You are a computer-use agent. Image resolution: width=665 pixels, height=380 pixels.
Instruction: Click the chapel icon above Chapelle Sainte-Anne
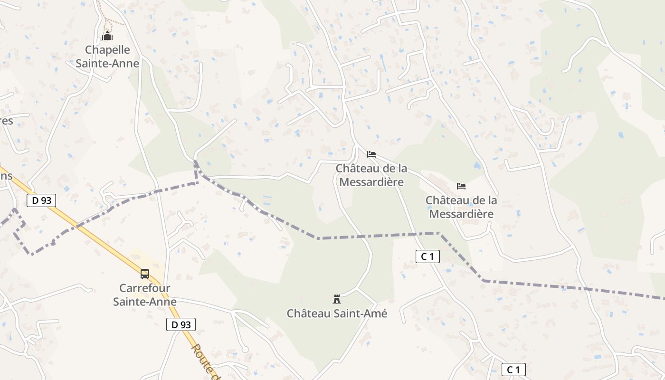pyautogui.click(x=107, y=36)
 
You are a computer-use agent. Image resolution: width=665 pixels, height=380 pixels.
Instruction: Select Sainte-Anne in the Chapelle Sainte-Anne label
pyautogui.click(x=107, y=63)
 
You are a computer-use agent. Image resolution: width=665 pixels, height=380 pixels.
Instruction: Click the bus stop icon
pyautogui.click(x=145, y=274)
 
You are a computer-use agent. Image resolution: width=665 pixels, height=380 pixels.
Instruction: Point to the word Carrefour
pyautogui.click(x=145, y=288)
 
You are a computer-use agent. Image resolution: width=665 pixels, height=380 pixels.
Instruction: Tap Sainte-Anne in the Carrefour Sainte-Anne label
pyautogui.click(x=145, y=302)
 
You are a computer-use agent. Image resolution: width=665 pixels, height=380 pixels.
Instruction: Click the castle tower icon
pyautogui.click(x=337, y=299)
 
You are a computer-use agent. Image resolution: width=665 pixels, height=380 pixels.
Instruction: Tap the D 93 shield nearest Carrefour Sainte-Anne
pyautogui.click(x=181, y=324)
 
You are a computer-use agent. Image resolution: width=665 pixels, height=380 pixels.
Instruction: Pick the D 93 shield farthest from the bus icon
pyautogui.click(x=41, y=200)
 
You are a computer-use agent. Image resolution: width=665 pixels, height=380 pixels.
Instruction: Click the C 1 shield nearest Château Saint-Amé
pyautogui.click(x=427, y=256)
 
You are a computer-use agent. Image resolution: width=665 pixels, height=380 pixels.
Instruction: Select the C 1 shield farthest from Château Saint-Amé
pyautogui.click(x=513, y=370)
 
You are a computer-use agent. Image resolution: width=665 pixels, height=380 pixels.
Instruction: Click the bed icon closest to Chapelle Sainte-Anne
pyautogui.click(x=371, y=154)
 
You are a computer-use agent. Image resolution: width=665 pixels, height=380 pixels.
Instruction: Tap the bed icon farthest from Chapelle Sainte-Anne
pyautogui.click(x=461, y=186)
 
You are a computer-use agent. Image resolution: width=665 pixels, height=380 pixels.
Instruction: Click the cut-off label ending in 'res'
pyautogui.click(x=6, y=121)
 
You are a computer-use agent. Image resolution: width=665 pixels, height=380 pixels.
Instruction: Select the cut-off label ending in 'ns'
pyautogui.click(x=6, y=176)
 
